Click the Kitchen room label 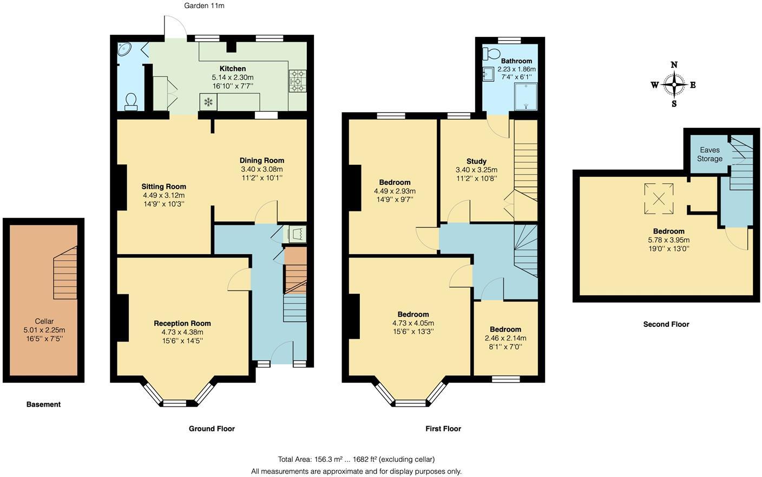233,68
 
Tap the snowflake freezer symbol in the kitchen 208,101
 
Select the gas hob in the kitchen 298,81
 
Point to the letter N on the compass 674,65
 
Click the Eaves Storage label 710,154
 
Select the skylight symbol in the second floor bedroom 659,198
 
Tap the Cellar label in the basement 44,321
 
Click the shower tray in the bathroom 526,96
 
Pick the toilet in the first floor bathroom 491,53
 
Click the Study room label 476,161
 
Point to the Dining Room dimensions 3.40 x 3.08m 262,169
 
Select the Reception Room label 182,324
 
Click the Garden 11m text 204,6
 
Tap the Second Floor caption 666,324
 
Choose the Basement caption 43,404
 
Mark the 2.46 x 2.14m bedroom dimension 505,338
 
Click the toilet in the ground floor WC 130,102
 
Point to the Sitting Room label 163,186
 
